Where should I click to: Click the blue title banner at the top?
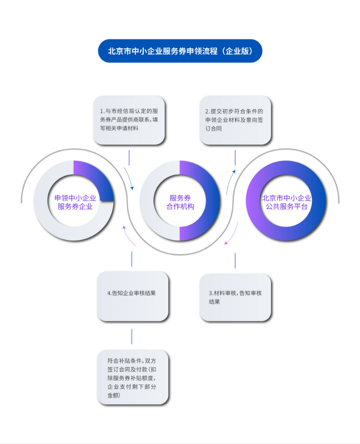pyautogui.click(x=180, y=51)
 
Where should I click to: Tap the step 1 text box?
pyautogui.click(x=129, y=120)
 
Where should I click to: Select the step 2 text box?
pyautogui.click(x=235, y=120)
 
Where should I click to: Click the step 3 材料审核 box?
pyautogui.click(x=235, y=298)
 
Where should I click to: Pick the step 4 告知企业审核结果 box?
pyautogui.click(x=132, y=296)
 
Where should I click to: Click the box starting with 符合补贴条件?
pyautogui.click(x=132, y=377)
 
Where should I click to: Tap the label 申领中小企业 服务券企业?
pyautogui.click(x=75, y=202)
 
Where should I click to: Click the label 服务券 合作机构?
pyautogui.click(x=180, y=202)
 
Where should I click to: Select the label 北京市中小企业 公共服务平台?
pyautogui.click(x=286, y=202)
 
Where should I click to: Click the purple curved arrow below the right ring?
pyautogui.click(x=233, y=234)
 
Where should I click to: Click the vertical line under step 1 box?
pyautogui.click(x=129, y=158)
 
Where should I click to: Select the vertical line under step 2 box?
pyautogui.click(x=235, y=158)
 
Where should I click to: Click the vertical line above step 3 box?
pyautogui.click(x=235, y=261)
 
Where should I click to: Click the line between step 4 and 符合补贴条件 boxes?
pyautogui.click(x=132, y=336)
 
